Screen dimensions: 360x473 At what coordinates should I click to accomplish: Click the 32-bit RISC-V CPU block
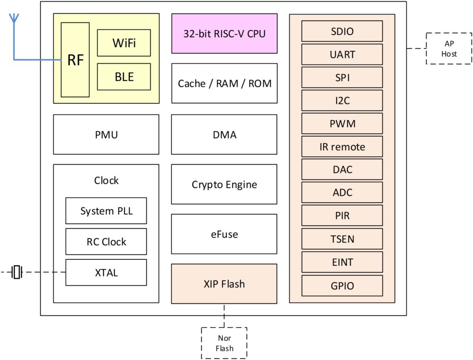coord(224,33)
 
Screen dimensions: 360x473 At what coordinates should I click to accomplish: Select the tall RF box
coord(75,60)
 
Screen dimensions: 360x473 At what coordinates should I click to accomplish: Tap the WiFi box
coord(124,43)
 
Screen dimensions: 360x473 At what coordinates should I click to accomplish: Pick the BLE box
coord(124,77)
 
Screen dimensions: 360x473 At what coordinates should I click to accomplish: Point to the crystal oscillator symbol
coord(17,272)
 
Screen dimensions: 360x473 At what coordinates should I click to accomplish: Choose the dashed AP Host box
coord(449,48)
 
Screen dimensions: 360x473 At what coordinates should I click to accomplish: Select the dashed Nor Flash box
coord(224,343)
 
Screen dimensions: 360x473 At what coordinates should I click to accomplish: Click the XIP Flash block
coord(224,284)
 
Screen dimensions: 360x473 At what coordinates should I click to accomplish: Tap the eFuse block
coord(224,234)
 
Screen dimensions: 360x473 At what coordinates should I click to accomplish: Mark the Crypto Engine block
coord(224,185)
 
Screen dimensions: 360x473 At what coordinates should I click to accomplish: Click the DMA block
coord(224,135)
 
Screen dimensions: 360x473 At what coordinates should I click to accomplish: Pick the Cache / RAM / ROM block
coord(224,84)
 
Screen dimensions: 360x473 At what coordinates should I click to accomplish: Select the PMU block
coord(106,135)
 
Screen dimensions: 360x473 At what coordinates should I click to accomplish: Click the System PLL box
coord(106,211)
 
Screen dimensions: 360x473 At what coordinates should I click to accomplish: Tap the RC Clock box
coord(106,241)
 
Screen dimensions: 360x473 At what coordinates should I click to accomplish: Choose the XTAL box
coord(106,272)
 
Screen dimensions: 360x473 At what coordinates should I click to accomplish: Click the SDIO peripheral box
coord(342,31)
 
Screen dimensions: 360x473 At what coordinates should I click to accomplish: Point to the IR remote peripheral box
coord(342,147)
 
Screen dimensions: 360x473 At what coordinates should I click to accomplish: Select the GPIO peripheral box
coord(342,286)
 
